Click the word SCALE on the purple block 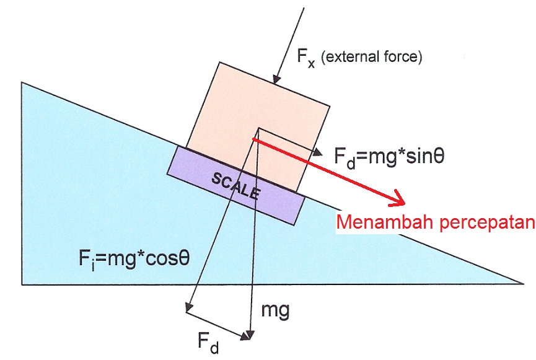point(235,185)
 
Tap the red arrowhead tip point(403,204)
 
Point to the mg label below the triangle point(275,310)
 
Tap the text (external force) point(375,58)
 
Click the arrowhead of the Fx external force point(277,82)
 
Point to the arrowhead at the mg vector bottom point(250,338)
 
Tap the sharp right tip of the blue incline point(524,284)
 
